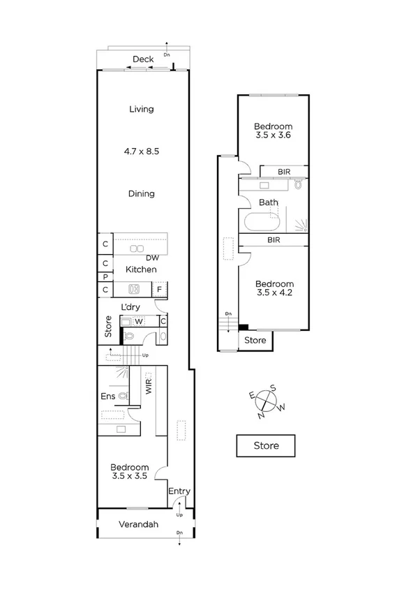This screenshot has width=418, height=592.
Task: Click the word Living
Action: (x=142, y=109)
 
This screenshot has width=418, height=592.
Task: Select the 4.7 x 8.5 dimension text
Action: (x=142, y=150)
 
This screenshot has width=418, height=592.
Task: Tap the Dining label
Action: (x=142, y=193)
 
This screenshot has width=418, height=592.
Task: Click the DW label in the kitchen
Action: (x=152, y=258)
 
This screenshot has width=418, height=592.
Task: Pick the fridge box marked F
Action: (x=160, y=289)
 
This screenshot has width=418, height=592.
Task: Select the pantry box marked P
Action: (x=105, y=276)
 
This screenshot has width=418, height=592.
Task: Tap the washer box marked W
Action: (x=139, y=322)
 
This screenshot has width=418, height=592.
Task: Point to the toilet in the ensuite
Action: (x=124, y=396)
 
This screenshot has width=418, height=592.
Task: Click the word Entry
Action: (x=179, y=491)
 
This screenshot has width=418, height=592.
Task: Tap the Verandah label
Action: (x=137, y=524)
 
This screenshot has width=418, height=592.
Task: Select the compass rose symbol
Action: (x=268, y=401)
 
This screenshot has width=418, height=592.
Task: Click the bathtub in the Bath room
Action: (x=260, y=223)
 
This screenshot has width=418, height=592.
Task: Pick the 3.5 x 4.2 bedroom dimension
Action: (x=274, y=295)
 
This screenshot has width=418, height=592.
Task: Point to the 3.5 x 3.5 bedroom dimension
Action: (x=130, y=478)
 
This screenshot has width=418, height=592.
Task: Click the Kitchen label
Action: (x=141, y=269)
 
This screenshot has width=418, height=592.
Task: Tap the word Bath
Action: (x=269, y=203)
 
